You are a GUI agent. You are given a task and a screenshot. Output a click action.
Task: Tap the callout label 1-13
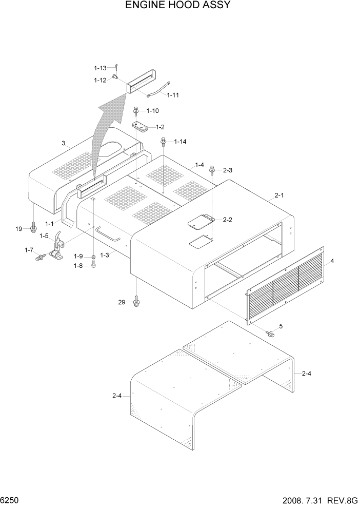[x=99, y=68]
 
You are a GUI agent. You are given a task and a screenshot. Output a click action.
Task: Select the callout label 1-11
[x=173, y=95]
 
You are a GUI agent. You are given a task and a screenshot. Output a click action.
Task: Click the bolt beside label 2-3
[x=213, y=170]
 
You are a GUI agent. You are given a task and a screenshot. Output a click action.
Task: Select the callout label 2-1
[x=279, y=195]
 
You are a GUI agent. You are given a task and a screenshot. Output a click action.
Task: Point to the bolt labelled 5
[x=270, y=334]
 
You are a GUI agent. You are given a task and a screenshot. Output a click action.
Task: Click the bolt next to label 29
[x=136, y=301]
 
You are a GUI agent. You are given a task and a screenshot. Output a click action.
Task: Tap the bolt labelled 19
[x=33, y=227]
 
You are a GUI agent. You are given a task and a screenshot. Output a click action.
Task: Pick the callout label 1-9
[x=78, y=256]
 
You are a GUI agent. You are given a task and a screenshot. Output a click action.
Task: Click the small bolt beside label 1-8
[x=93, y=264]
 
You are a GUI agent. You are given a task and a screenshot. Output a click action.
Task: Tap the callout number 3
[x=63, y=144]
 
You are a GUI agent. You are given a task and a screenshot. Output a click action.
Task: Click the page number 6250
[x=9, y=499]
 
